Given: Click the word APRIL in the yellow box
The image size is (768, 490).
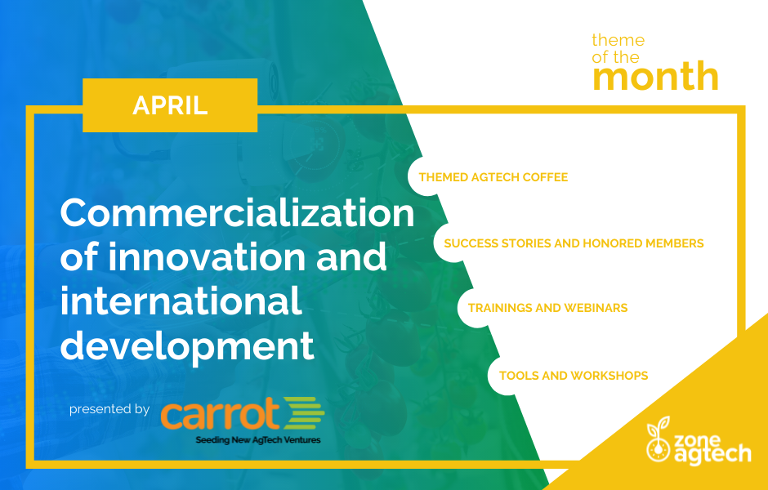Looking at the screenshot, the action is (x=170, y=105).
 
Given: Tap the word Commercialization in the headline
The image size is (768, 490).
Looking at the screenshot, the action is (x=238, y=212).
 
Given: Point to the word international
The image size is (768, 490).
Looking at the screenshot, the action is (x=181, y=300).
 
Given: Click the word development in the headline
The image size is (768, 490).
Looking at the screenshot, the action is (x=186, y=346).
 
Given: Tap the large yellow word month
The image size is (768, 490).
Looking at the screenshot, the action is (x=655, y=76).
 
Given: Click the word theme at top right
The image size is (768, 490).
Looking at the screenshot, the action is (x=618, y=40).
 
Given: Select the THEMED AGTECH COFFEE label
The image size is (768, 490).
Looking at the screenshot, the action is (x=493, y=177).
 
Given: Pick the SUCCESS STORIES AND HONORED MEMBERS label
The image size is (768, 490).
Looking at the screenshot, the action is (x=574, y=243).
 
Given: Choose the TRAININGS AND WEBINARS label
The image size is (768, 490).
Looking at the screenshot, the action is (x=547, y=308).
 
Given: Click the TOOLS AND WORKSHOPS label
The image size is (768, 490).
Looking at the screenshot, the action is (x=574, y=376).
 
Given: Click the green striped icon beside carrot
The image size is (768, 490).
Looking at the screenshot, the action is (x=304, y=412).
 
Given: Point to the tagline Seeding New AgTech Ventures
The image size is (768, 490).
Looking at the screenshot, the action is (x=258, y=439).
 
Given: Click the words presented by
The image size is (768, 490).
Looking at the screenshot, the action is (x=109, y=409).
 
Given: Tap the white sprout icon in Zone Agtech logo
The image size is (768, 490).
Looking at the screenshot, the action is (x=659, y=439).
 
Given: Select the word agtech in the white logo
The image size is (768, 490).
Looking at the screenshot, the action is (x=712, y=453).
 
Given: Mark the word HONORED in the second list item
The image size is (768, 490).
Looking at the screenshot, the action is (x=612, y=243).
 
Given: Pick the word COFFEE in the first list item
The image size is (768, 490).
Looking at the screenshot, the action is (x=545, y=177).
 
